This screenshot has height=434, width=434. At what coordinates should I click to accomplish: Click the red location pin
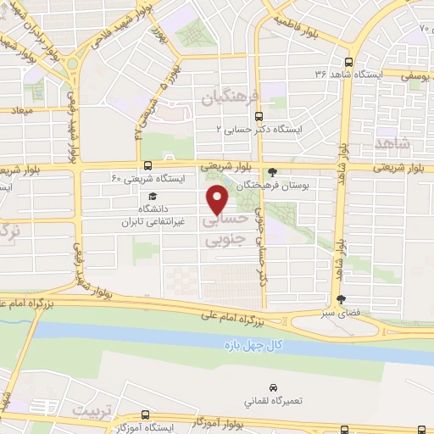tap(219, 198)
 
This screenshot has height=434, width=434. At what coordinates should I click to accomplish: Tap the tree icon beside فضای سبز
tap(341, 299)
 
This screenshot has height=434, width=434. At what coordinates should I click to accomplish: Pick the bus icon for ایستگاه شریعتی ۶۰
tap(148, 166)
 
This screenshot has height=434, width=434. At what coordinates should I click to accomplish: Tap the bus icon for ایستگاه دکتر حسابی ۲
tap(259, 118)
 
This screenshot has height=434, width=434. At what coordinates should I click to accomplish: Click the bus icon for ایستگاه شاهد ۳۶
tap(349, 62)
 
